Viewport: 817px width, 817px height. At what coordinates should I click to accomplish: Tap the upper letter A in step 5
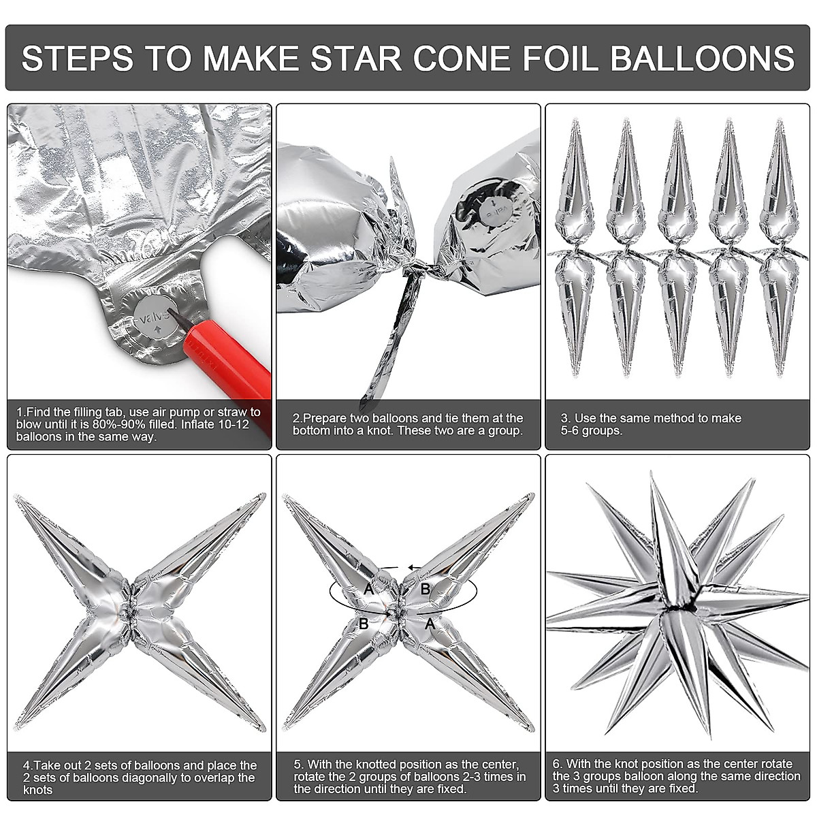[368, 589]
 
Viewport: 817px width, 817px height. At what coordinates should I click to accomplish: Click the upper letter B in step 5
[425, 589]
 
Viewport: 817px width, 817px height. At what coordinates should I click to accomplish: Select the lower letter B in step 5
[364, 624]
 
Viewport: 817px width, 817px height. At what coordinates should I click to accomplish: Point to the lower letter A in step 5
[429, 624]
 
